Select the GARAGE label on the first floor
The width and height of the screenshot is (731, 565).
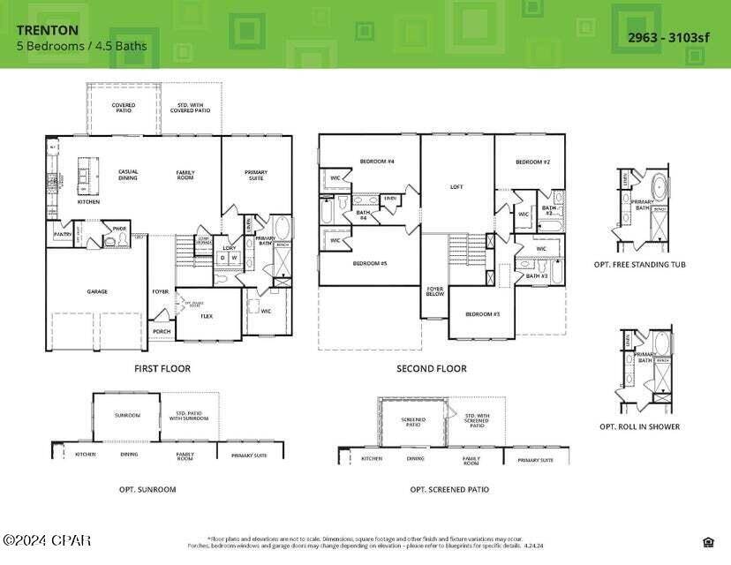click(x=97, y=291)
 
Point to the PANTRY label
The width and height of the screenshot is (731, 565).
click(x=63, y=235)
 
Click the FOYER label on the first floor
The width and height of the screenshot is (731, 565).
click(x=160, y=291)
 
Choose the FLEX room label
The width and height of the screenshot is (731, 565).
click(x=207, y=316)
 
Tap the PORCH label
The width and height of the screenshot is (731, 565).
click(x=162, y=332)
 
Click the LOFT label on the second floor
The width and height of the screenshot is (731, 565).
click(x=456, y=187)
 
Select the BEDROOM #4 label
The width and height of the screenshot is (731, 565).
click(x=376, y=162)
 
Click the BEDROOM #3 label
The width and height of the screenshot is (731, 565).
click(x=483, y=314)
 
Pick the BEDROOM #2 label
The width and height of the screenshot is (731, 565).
click(x=532, y=162)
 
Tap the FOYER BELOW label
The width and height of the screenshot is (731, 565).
click(x=435, y=291)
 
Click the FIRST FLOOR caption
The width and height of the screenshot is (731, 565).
click(x=162, y=369)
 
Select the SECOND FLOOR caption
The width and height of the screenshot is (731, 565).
click(x=432, y=369)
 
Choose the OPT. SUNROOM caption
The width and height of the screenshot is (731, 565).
click(x=147, y=489)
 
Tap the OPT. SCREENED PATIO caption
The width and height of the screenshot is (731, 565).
click(x=449, y=489)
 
